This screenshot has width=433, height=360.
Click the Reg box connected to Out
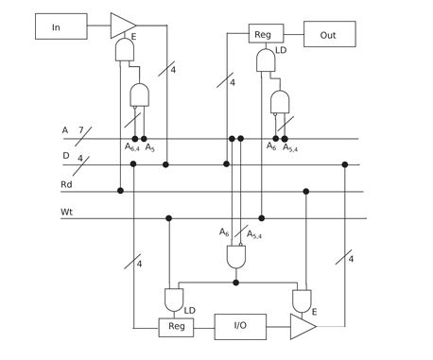tap(263, 35)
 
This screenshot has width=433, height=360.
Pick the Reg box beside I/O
tap(176, 327)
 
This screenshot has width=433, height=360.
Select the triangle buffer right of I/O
tap(302, 327)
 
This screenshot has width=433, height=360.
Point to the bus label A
tap(64, 129)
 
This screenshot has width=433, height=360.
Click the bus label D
tap(64, 156)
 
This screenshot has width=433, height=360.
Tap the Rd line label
tap(66, 183)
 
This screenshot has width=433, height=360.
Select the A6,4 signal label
tap(131, 147)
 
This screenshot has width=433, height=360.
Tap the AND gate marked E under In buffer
tap(124, 50)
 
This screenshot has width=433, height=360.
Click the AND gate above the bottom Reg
tap(174, 300)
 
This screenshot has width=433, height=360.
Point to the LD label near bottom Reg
tap(190, 310)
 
